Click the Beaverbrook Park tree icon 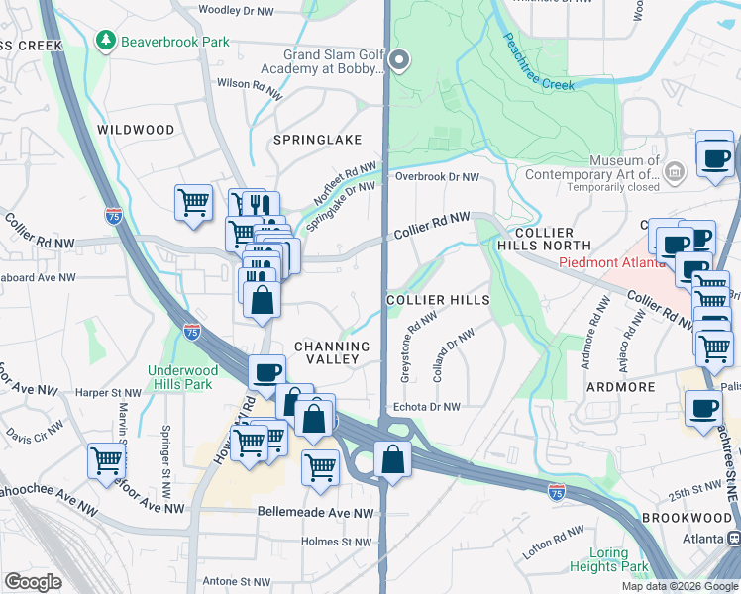pyautogui.click(x=105, y=41)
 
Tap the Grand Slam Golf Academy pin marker pyautogui.click(x=399, y=61)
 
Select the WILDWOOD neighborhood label pyautogui.click(x=136, y=130)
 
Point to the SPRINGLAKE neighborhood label pyautogui.click(x=326, y=140)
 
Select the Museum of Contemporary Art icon pyautogui.click(x=675, y=173)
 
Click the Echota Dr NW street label pyautogui.click(x=427, y=406)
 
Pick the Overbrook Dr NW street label pyautogui.click(x=437, y=177)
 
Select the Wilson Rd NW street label pyautogui.click(x=249, y=84)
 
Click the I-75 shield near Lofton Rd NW pyautogui.click(x=556, y=490)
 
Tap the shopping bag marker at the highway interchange pyautogui.click(x=393, y=459)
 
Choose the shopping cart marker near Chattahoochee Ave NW pyautogui.click(x=106, y=459)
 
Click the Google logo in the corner pyautogui.click(x=33, y=582)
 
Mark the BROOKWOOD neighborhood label pyautogui.click(x=703, y=519)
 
